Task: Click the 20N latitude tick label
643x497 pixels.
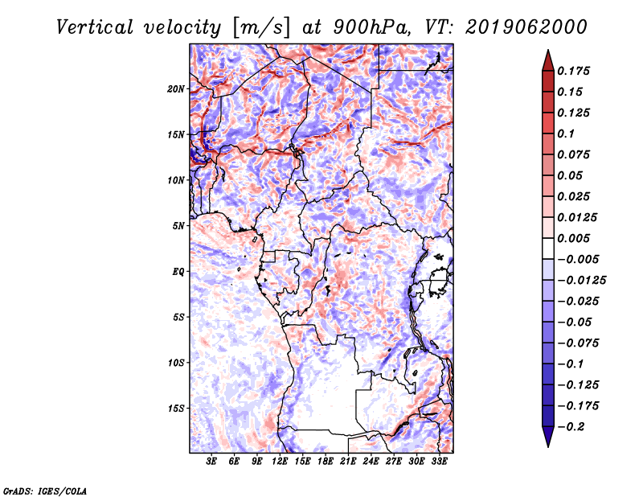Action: (x=177, y=88)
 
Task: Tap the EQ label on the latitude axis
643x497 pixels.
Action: (x=178, y=271)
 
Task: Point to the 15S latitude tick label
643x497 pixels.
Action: (x=177, y=408)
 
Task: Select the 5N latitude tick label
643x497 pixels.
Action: (x=178, y=225)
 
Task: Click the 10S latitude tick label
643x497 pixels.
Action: (x=177, y=363)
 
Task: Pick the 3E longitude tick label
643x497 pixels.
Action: (x=212, y=462)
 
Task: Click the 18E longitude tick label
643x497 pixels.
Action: (x=326, y=462)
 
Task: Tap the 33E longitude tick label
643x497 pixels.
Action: (x=439, y=462)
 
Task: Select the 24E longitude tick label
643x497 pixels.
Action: (x=371, y=462)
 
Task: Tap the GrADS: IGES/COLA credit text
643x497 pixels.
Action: (x=44, y=490)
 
